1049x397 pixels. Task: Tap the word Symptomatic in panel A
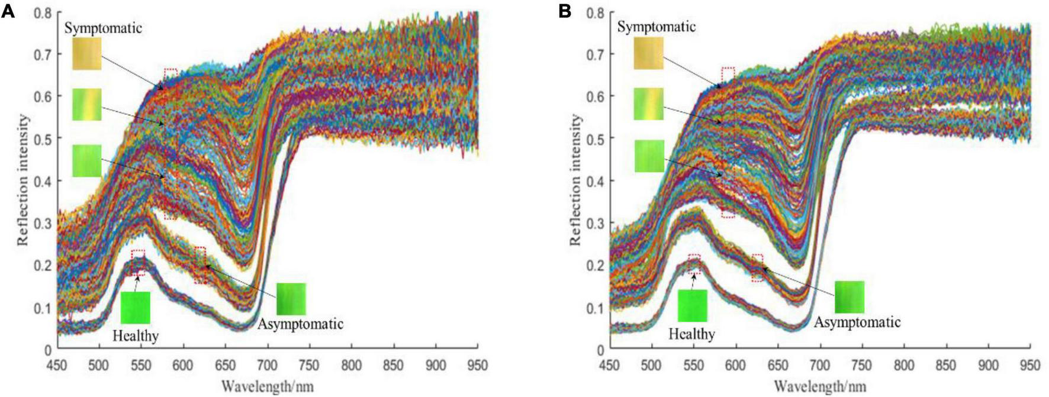point(103,28)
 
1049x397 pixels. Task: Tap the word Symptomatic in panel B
point(656,27)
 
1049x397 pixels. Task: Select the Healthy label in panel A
point(136,336)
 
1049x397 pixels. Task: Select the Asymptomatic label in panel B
point(857,322)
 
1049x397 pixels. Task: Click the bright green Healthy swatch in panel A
point(136,307)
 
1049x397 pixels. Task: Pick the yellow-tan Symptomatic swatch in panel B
point(648,53)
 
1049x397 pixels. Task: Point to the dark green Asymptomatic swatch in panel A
point(291,298)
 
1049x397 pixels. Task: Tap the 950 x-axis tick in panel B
point(1029,366)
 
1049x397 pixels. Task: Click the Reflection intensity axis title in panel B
point(575,180)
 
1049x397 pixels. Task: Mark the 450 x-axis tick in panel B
point(610,366)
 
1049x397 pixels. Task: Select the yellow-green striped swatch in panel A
point(87,104)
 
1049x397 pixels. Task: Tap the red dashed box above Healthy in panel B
point(694,264)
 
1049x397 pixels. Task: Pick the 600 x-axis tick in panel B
point(736,366)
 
